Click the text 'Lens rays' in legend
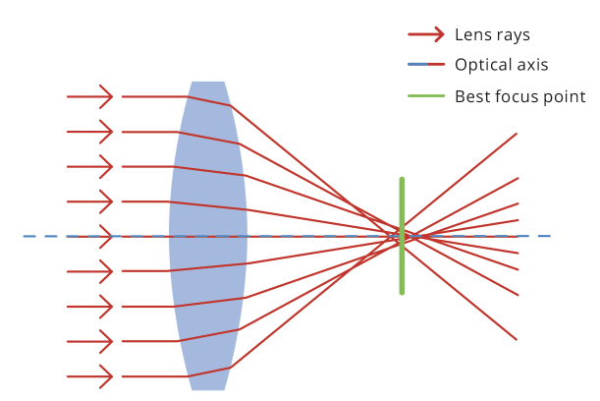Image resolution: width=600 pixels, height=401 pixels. tap(492, 34)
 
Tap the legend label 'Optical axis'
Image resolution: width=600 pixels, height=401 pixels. tap(501, 65)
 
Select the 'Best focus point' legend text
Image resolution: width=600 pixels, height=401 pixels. tap(519, 96)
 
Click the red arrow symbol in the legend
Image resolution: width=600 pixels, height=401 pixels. tap(425, 34)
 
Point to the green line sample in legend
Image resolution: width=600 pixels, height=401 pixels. tap(425, 96)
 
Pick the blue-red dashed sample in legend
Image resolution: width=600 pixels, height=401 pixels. tap(425, 65)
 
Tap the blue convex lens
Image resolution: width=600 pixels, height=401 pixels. tap(207, 236)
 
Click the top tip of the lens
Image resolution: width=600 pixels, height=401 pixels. tap(207, 84)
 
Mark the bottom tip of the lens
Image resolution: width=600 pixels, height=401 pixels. tap(207, 388)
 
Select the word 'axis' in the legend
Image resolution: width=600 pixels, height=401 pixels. tap(531, 65)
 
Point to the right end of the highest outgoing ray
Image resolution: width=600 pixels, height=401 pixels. tap(517, 134)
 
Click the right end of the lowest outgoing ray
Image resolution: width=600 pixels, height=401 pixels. tap(517, 339)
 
